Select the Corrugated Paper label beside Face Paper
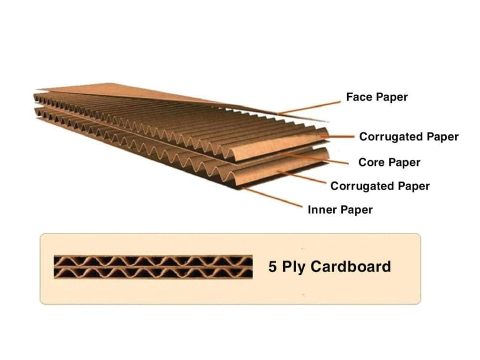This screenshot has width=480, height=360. [x=409, y=137]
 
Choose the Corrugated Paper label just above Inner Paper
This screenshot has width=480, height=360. [x=380, y=186]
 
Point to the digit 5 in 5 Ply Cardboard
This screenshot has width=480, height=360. [x=272, y=267]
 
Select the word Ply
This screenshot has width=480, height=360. [x=293, y=267]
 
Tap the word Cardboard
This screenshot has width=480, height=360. [x=351, y=266]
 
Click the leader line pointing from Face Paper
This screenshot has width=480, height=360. [x=309, y=108]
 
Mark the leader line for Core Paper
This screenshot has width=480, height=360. [x=314, y=158]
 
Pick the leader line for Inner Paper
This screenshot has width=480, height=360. [x=272, y=198]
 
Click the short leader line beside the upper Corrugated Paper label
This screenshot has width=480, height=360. [x=337, y=137]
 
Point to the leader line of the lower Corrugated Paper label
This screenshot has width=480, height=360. [x=301, y=177]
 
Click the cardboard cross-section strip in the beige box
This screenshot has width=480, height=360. [x=153, y=267]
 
